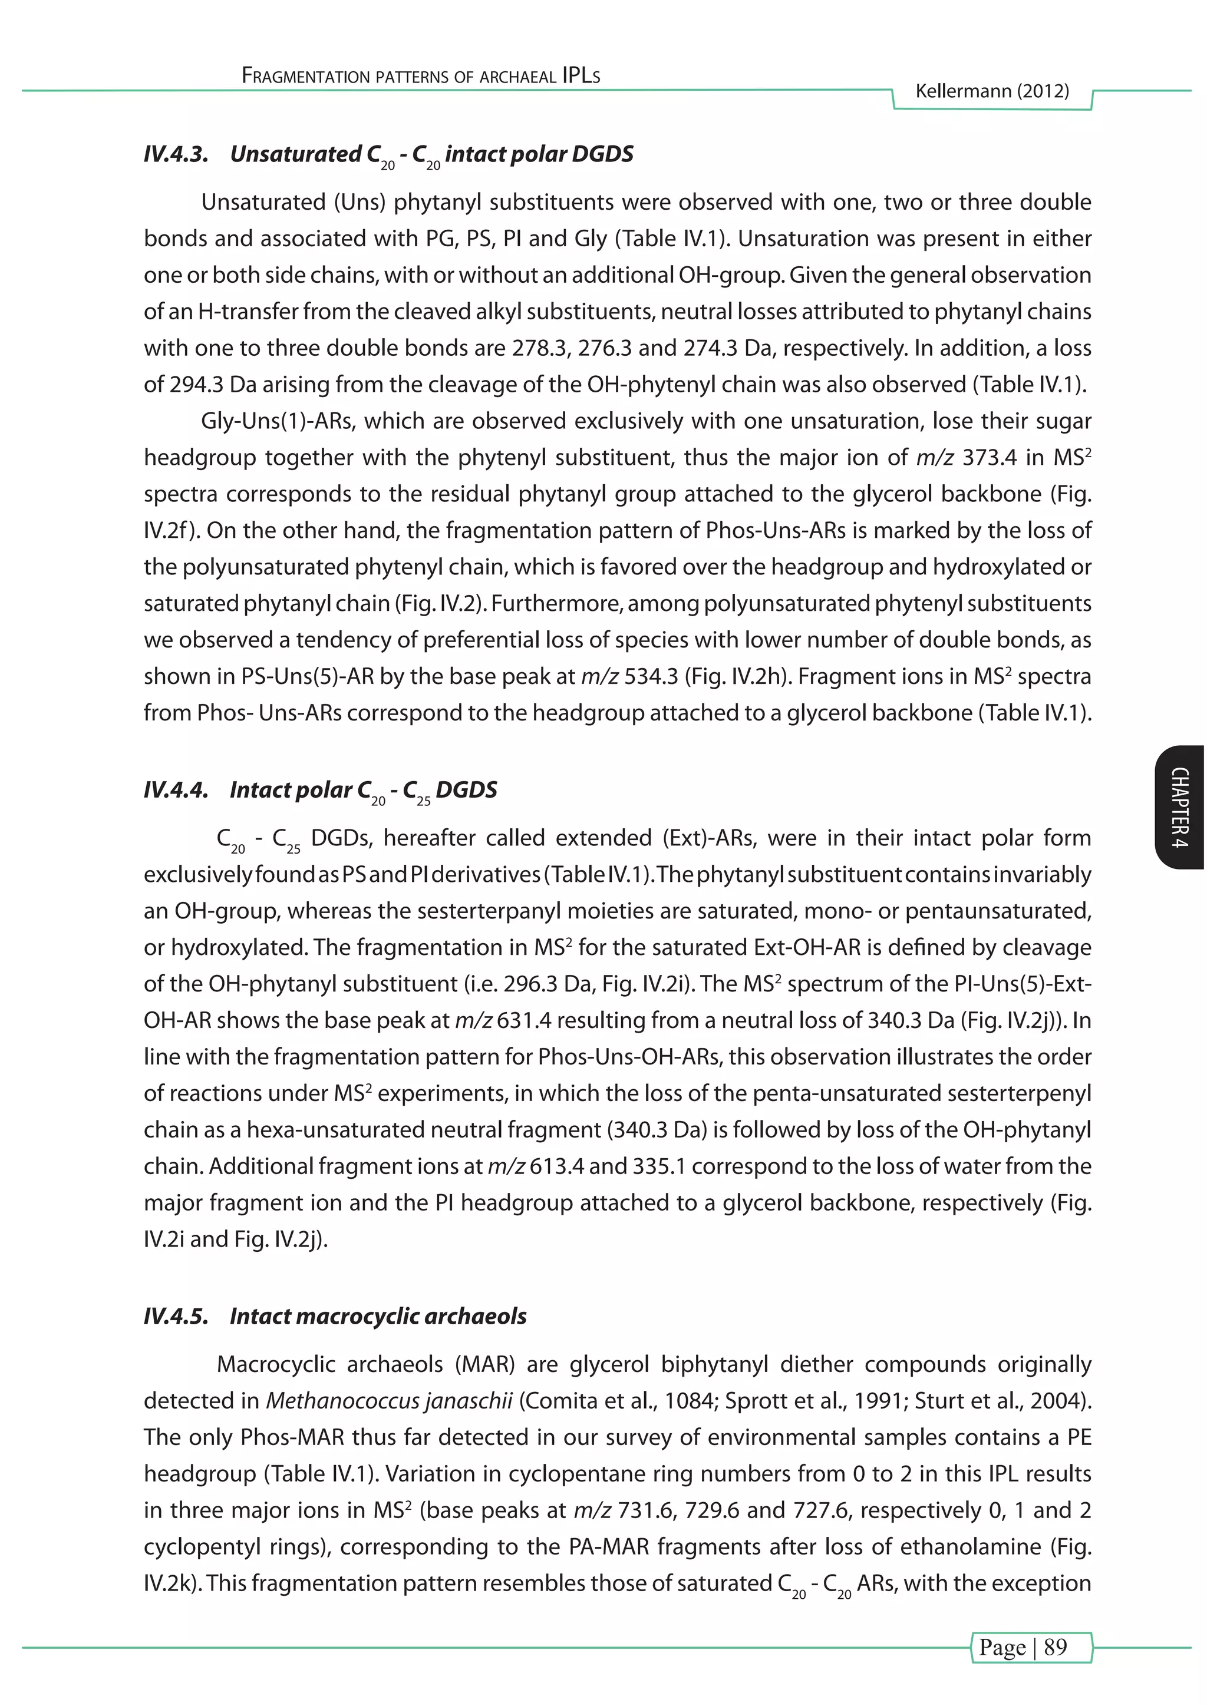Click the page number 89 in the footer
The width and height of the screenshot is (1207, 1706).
point(1056,1647)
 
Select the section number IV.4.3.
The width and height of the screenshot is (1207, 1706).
point(176,154)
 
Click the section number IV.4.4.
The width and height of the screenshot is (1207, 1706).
point(176,790)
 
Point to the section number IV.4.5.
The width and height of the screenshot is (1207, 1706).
point(176,1317)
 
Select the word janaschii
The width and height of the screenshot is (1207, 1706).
point(468,1401)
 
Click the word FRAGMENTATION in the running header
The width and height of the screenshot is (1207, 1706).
point(306,76)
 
